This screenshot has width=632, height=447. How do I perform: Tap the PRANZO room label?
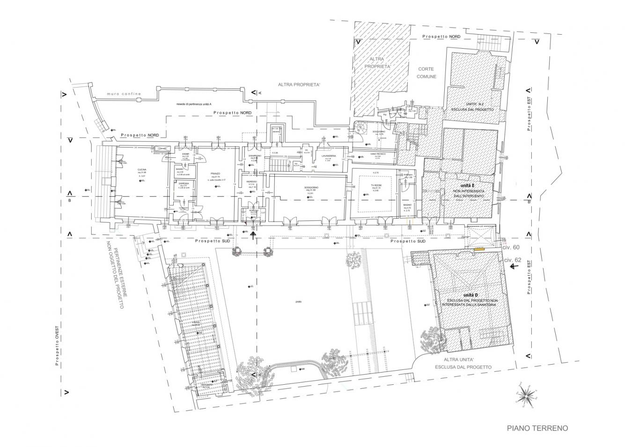coord(215,172)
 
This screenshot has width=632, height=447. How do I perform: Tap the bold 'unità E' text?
coord(468,186)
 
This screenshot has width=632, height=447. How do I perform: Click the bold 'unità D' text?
coord(470,295)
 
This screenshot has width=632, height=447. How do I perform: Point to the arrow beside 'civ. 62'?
coord(515,266)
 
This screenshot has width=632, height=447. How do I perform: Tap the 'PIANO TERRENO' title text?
coord(537,428)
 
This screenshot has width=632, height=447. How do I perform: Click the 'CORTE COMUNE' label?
coord(426,73)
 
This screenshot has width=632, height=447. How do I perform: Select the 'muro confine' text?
coord(124,94)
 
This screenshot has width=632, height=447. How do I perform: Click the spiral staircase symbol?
coord(361,128)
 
